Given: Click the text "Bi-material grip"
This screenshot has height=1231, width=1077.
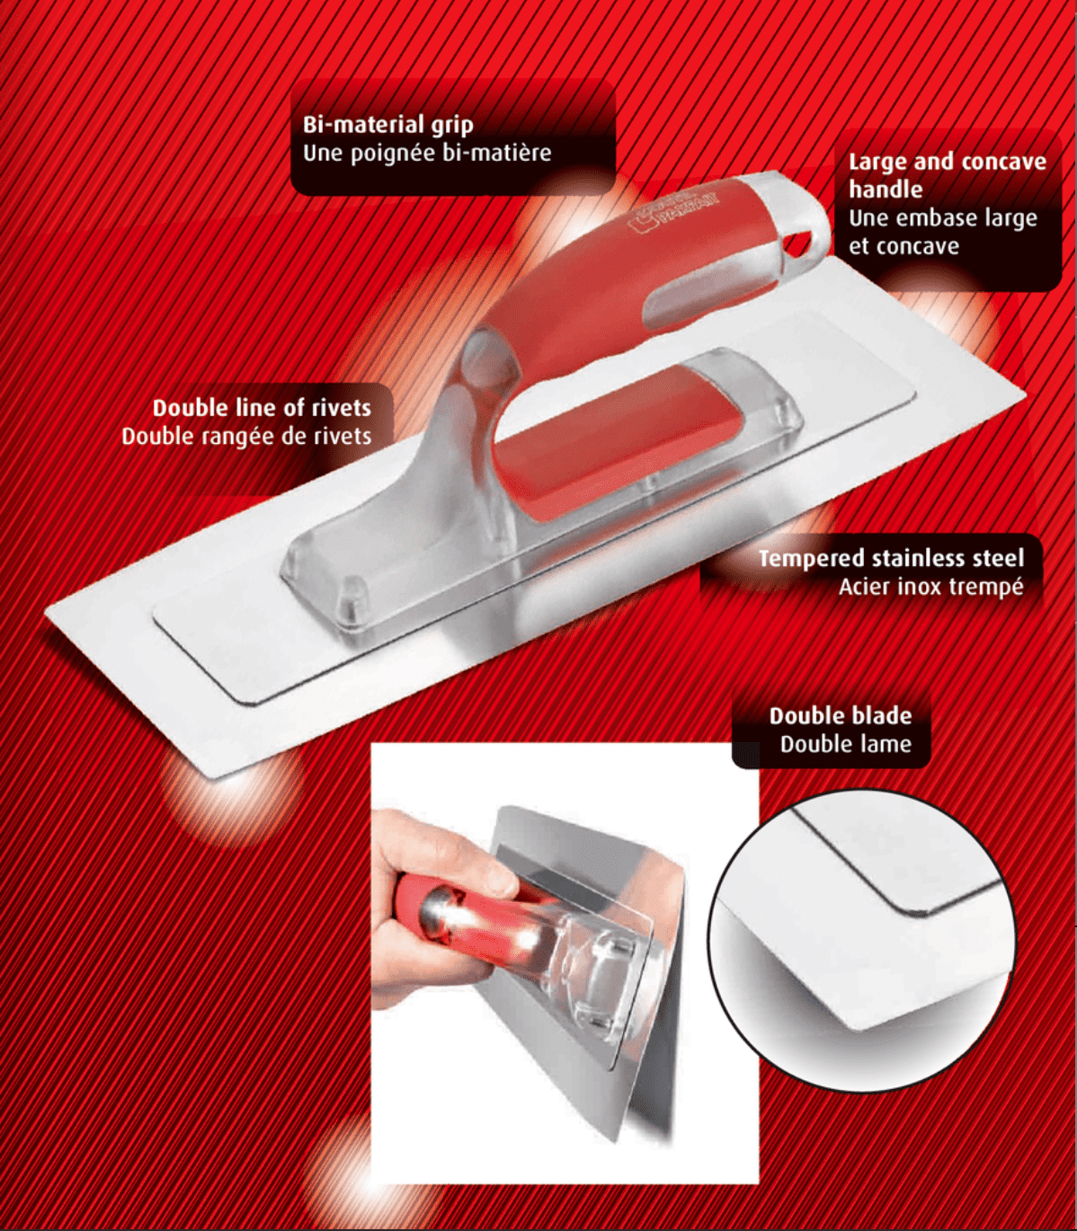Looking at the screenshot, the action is point(387,125).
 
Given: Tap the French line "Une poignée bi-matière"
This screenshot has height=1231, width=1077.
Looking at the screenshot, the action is point(427,153).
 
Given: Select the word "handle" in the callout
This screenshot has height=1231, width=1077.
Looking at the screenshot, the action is point(886,190).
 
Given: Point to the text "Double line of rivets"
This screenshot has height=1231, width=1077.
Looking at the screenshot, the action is point(262,408).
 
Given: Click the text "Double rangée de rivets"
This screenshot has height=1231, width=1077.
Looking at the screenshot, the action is point(247,436).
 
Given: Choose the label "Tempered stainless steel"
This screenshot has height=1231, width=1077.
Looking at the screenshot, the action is point(891,558).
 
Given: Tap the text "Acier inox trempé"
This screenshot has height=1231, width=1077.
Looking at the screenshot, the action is point(931,587).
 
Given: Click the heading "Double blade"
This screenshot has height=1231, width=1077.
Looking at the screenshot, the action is point(841,716).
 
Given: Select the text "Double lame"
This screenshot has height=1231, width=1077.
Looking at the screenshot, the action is point(846,744).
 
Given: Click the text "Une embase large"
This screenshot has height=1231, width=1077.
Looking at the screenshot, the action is point(943,218).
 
